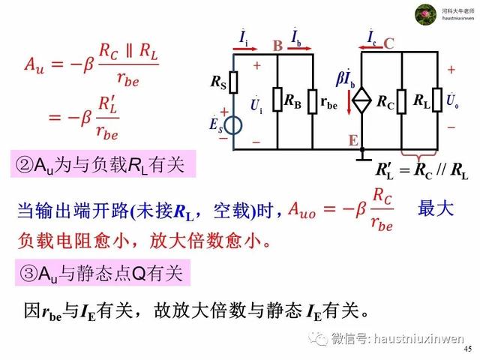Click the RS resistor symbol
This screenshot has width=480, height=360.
233,82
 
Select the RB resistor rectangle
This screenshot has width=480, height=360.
277,99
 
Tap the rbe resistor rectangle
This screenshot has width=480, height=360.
313,102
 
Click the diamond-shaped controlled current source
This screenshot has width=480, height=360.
361,100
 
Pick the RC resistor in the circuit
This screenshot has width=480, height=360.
402,102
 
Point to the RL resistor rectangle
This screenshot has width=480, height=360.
437,100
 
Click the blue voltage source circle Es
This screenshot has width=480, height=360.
233,125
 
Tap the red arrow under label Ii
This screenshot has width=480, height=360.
245,49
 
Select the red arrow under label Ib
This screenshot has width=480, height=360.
299,48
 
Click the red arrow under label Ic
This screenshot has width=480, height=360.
370,47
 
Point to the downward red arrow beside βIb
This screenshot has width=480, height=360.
349,102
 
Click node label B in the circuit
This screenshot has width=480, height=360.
277,46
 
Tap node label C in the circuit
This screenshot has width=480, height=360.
388,43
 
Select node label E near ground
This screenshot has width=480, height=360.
353,140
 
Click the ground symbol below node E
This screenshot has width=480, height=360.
362,157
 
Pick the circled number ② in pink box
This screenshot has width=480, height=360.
25,165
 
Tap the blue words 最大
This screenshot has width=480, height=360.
435,208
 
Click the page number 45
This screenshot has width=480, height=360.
468,349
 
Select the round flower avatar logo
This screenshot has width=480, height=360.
425,14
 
